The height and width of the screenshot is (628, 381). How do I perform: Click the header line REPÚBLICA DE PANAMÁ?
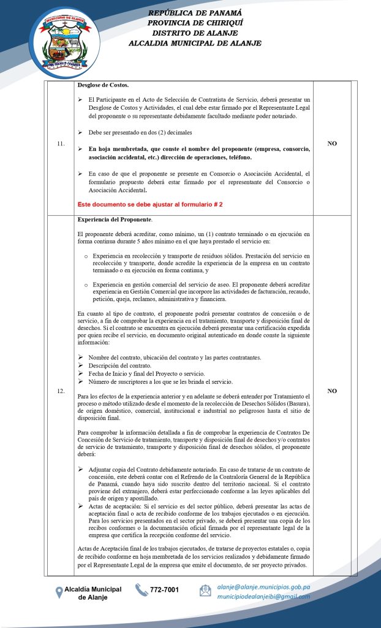click(195, 13)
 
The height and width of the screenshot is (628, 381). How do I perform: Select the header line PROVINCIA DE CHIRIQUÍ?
click(195, 23)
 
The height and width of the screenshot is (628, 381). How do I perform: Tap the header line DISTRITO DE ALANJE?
click(195, 33)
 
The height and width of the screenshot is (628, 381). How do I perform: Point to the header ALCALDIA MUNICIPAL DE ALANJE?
click(195, 44)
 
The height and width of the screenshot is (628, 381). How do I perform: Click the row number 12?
click(60, 391)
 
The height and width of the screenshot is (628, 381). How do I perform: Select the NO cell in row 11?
click(332, 144)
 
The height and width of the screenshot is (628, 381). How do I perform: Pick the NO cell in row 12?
click(332, 391)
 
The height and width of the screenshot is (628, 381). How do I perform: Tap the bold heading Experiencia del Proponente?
click(116, 219)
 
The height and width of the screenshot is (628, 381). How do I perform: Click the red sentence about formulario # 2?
click(150, 204)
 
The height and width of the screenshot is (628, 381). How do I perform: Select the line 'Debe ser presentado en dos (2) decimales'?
click(140, 132)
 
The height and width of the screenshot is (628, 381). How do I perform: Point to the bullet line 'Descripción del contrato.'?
click(120, 366)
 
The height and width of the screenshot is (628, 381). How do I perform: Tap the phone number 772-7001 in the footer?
click(164, 590)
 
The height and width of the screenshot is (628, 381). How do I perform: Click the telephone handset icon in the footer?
click(141, 590)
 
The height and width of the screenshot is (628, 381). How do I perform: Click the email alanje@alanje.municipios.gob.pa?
click(263, 586)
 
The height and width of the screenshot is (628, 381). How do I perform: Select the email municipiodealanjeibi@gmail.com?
click(263, 596)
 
